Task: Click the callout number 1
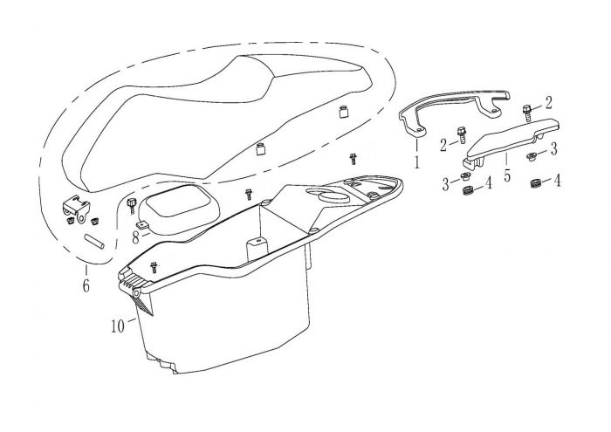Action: (417, 161)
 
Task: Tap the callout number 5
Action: (507, 163)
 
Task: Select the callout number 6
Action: (86, 285)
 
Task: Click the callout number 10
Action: (117, 326)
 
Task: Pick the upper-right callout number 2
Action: (548, 101)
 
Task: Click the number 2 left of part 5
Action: (443, 143)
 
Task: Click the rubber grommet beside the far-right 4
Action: (532, 182)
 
